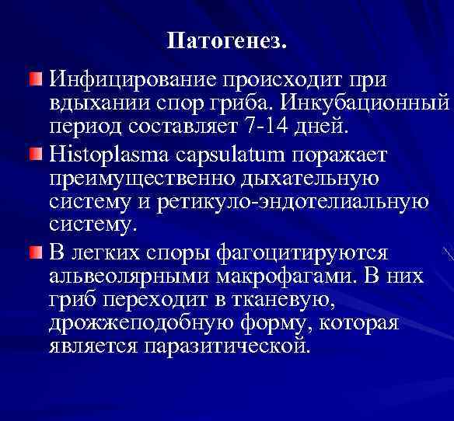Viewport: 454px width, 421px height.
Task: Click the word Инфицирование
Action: pyautogui.click(x=132, y=80)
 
